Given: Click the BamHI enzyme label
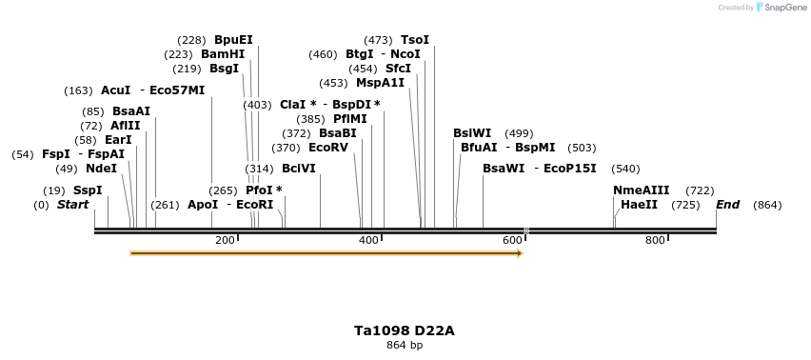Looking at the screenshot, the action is (x=223, y=54).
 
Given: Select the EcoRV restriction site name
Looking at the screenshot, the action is (x=328, y=148).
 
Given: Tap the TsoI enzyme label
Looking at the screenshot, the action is (x=415, y=40).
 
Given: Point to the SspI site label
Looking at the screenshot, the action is (x=88, y=190).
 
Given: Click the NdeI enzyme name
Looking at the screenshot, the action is (x=101, y=169).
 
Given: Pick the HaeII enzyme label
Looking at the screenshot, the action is (x=639, y=205).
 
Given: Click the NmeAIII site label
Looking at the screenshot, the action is (x=642, y=190).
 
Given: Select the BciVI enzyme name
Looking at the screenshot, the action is (x=299, y=169).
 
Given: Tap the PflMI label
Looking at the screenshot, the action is (x=349, y=119).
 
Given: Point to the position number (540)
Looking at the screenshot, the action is (x=625, y=169).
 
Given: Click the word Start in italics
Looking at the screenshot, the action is (x=72, y=205).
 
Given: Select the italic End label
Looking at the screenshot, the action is (x=727, y=205).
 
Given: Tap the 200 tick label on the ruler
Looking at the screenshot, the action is (x=225, y=240).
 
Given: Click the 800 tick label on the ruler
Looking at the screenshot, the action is (x=655, y=240).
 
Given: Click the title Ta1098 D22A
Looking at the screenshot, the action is (x=405, y=330).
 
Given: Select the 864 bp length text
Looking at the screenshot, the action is (x=405, y=345).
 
